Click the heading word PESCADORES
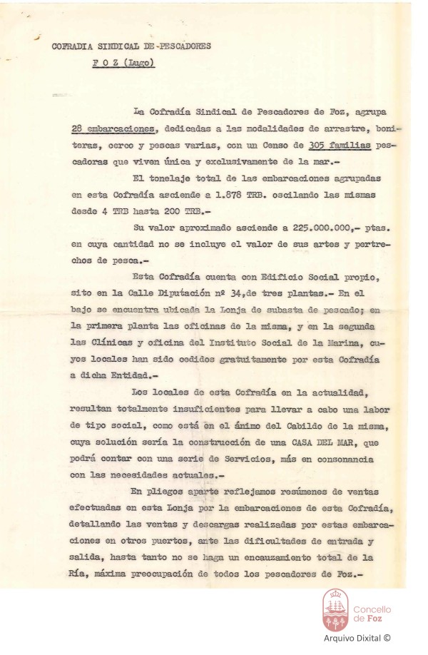180,47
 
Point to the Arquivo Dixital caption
357,640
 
